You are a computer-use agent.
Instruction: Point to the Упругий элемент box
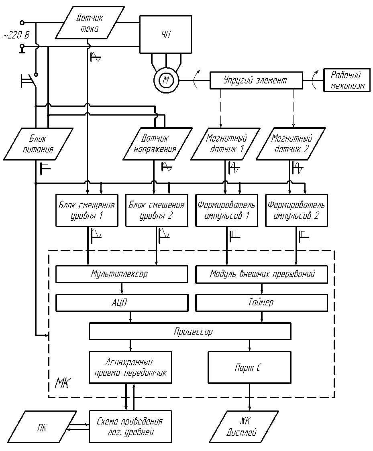pyautogui.click(x=255, y=80)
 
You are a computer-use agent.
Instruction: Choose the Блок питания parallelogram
pyautogui.click(x=39, y=144)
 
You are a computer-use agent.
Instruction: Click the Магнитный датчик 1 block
pyautogui.click(x=226, y=144)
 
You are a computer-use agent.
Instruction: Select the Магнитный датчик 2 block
pyautogui.click(x=291, y=144)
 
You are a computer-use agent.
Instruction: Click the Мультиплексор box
pyautogui.click(x=122, y=274)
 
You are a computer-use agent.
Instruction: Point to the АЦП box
pyautogui.click(x=122, y=303)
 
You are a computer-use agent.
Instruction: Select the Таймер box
pyautogui.click(x=261, y=303)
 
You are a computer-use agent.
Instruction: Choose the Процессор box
pyautogui.click(x=190, y=332)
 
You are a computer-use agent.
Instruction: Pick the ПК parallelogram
pyautogui.click(x=43, y=427)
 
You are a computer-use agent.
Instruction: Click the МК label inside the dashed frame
pyautogui.click(x=61, y=384)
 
